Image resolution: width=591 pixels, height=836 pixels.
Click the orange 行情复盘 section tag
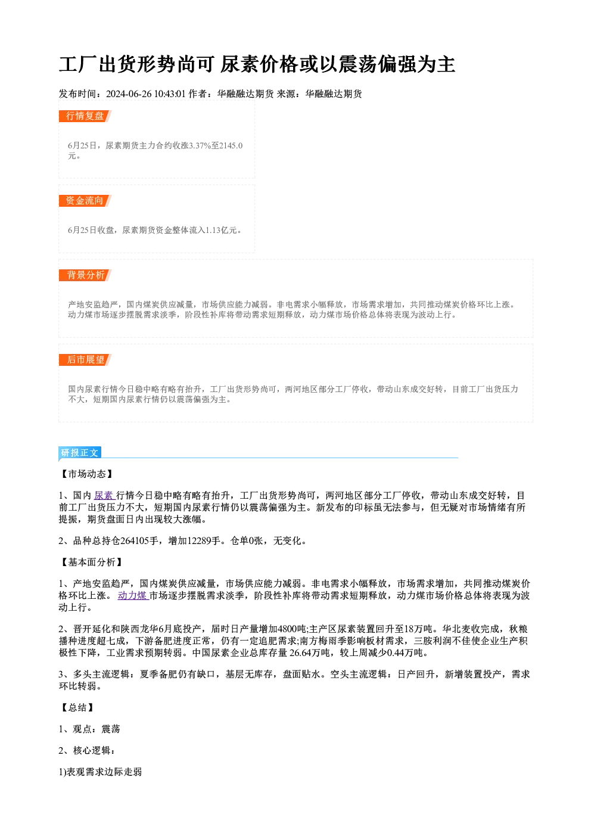[85, 116]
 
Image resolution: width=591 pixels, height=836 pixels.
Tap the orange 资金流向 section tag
[85, 201]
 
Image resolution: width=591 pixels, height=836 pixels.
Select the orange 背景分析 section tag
[85, 275]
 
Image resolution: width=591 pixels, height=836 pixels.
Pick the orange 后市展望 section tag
[85, 360]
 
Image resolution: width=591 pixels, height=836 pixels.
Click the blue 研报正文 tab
[80, 452]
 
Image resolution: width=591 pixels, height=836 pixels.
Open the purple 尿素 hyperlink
[104, 496]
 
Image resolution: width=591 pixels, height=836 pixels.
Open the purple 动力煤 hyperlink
[133, 596]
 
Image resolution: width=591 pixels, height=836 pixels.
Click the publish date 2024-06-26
[129, 94]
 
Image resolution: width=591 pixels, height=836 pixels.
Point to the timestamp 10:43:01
[170, 94]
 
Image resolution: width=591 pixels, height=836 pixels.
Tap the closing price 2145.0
[231, 145]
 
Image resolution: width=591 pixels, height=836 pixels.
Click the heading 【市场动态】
[86, 474]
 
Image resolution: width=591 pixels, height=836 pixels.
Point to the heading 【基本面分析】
[91, 562]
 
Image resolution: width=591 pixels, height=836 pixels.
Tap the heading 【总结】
[77, 708]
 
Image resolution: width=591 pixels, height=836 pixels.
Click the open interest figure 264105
[134, 541]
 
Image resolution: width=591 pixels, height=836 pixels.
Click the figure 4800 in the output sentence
[287, 629]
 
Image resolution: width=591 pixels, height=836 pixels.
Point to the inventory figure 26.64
[301, 652]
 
